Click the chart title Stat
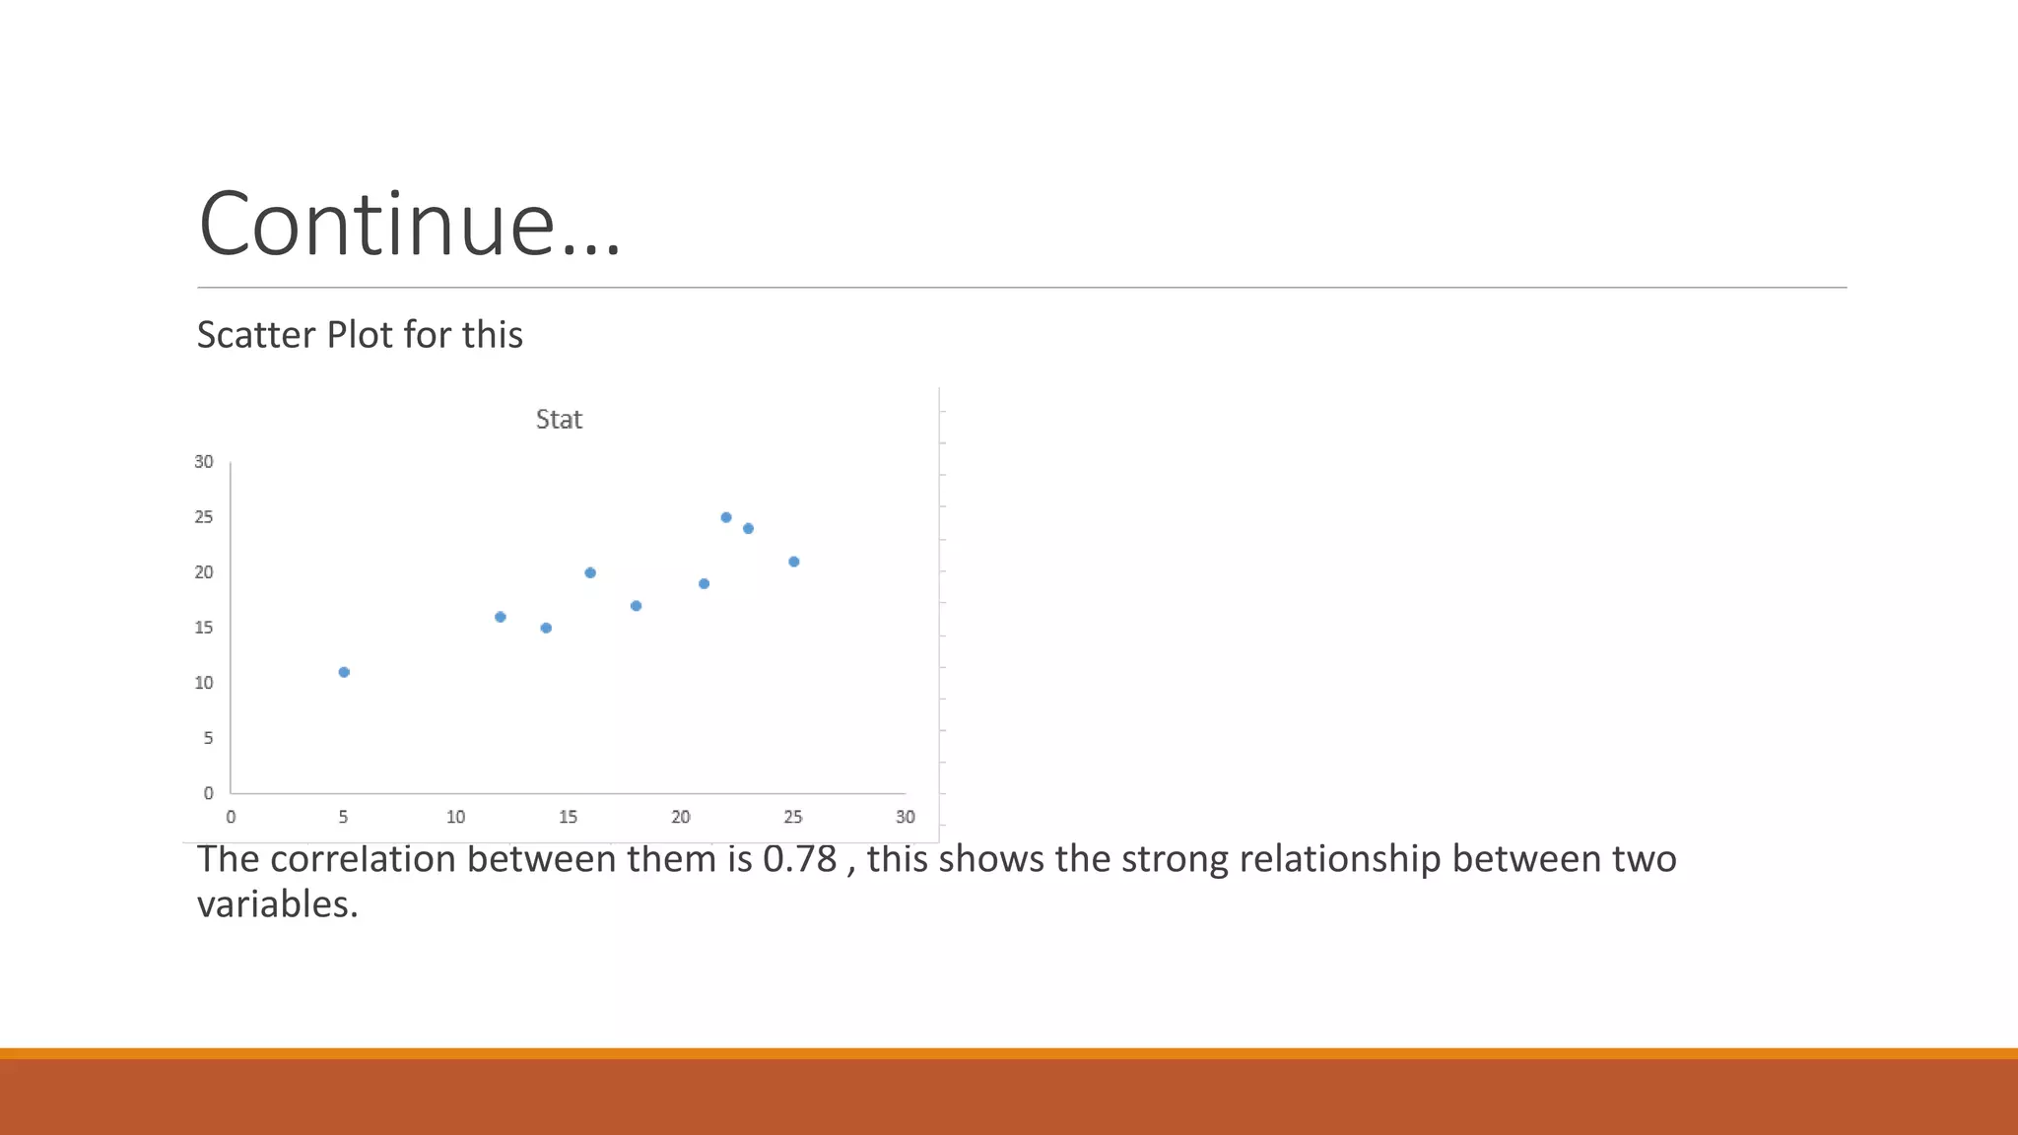(x=559, y=420)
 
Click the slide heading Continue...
(x=409, y=225)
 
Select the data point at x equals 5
(x=344, y=672)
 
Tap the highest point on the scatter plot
(x=726, y=517)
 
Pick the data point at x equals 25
(x=794, y=562)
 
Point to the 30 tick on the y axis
(x=204, y=462)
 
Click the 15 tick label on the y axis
(x=204, y=628)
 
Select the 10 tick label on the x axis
(x=455, y=817)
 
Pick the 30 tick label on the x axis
(x=906, y=817)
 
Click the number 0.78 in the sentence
(x=799, y=860)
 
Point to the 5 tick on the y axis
(x=208, y=738)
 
